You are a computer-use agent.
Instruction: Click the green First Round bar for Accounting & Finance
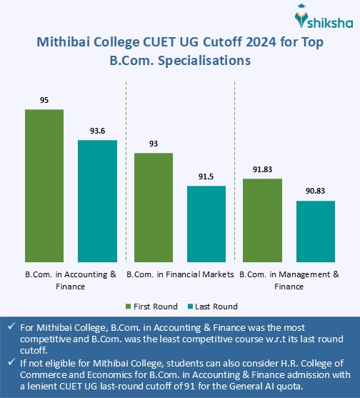pos(44,186)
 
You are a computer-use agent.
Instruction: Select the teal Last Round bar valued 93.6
pos(97,201)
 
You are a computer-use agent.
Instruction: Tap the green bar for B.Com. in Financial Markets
pos(154,207)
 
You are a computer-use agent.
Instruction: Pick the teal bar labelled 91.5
pos(206,224)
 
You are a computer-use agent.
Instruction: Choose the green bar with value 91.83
pos(262,220)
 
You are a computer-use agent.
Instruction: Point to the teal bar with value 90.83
pos(315,232)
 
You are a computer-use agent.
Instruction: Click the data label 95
pos(44,101)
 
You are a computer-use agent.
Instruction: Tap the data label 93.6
pos(97,131)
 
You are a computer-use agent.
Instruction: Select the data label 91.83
pos(262,169)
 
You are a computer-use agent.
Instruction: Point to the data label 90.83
pos(315,191)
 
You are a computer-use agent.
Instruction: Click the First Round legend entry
pos(151,307)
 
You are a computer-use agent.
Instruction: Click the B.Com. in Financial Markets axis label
pos(180,274)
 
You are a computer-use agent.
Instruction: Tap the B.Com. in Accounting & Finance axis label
pos(70,279)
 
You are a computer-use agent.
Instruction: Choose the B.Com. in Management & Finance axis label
pos(289,279)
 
